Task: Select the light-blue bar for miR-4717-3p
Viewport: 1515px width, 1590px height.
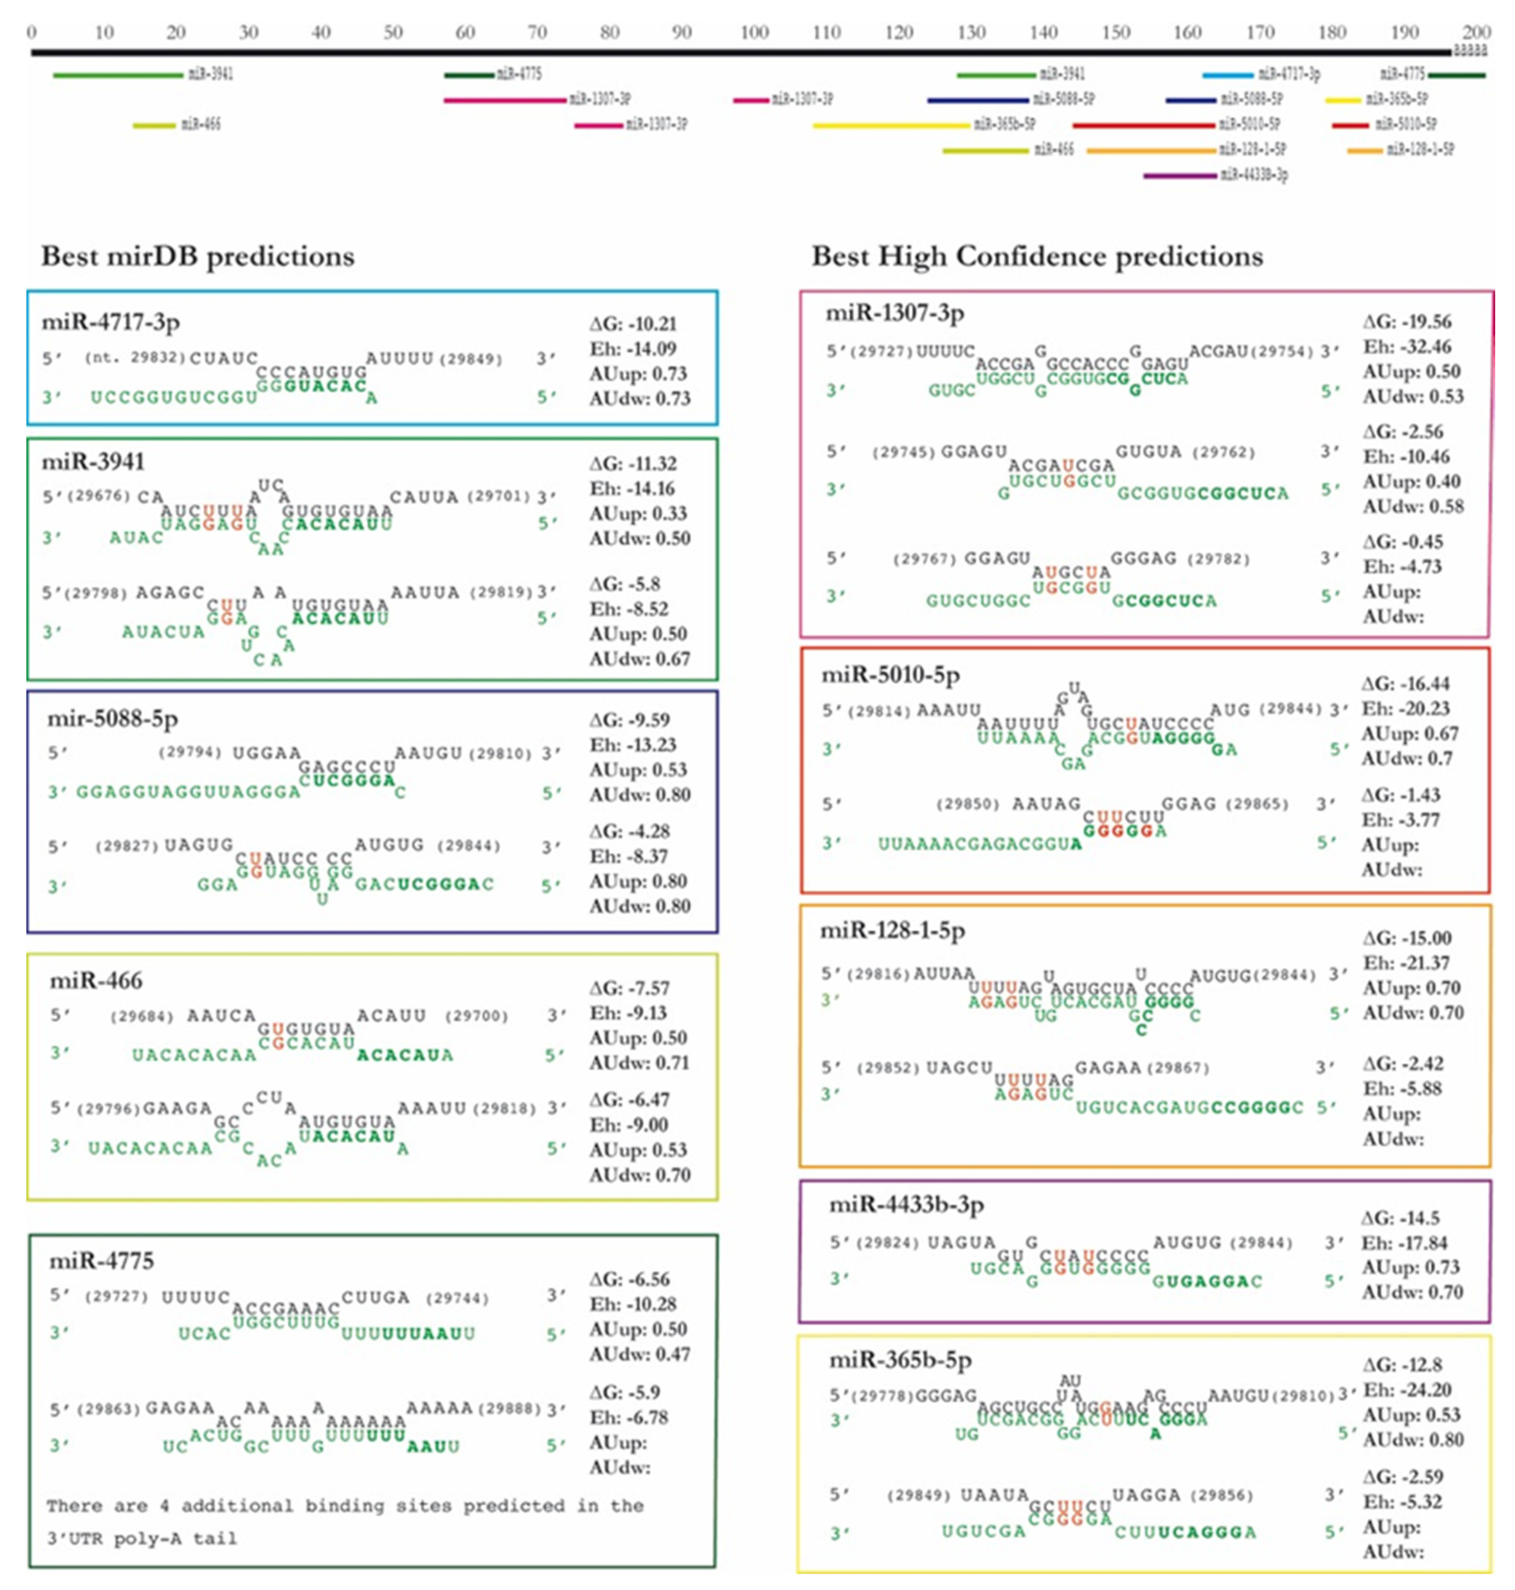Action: (x=1228, y=75)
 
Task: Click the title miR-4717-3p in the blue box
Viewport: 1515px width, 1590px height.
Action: (x=111, y=322)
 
